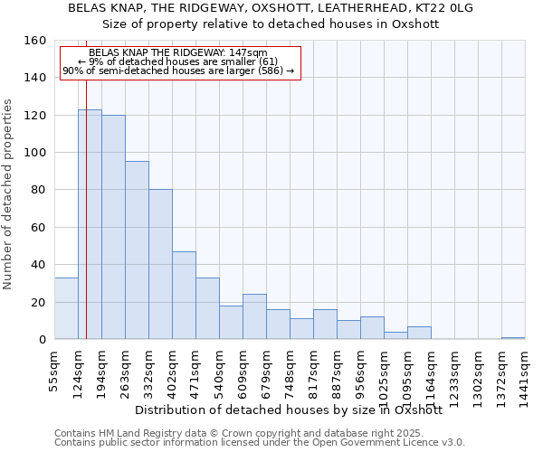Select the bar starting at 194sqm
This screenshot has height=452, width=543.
pos(113,227)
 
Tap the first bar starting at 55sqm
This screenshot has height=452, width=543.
pos(66,308)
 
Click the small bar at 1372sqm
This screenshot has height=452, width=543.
pos(513,337)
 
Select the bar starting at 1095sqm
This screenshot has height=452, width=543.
pos(419,333)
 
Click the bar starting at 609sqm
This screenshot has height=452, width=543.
pos(254,316)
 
